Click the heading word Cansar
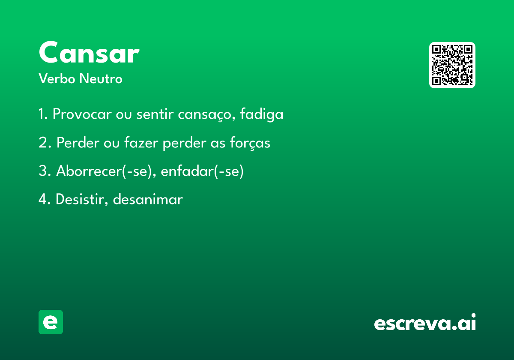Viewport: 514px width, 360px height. point(89,52)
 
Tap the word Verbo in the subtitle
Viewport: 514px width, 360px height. point(57,78)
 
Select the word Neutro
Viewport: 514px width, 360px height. point(101,78)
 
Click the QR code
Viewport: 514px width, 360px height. point(452,65)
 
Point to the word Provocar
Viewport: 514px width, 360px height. point(82,114)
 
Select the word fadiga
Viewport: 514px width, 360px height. point(262,114)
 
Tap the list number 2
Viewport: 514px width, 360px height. point(45,143)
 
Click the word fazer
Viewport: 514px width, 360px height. point(141,142)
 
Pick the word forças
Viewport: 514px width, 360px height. point(250,143)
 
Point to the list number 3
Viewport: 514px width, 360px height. point(45,171)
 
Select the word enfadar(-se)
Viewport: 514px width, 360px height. point(202,171)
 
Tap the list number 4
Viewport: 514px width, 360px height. point(45,199)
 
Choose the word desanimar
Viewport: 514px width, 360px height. point(148,199)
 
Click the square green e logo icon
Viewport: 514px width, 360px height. point(51,322)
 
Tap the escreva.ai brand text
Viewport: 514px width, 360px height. point(425,322)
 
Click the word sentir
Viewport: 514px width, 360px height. point(155,114)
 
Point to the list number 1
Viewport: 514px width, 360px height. point(43,114)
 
